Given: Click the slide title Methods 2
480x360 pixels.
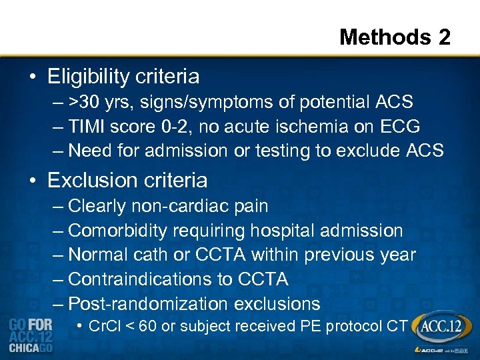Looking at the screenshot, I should click(x=395, y=37).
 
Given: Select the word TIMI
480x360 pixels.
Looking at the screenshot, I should click(x=87, y=126).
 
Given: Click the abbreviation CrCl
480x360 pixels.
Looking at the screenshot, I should click(x=104, y=326).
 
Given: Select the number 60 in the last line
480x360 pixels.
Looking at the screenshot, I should click(x=148, y=326).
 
